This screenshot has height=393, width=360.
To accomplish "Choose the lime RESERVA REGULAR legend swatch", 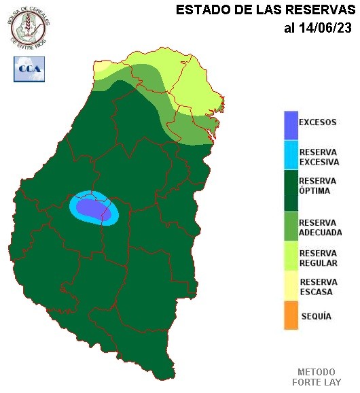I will (291, 257).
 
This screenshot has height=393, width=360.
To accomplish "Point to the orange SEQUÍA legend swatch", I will (291, 316).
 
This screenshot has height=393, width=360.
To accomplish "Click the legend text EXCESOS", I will (317, 122).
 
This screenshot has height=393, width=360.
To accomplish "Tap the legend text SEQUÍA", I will (316, 316).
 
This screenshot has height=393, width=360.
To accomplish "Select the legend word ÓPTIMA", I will (314, 191).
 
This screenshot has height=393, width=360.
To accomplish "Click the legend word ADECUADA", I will (320, 233).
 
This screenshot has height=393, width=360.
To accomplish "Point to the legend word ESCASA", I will (316, 292).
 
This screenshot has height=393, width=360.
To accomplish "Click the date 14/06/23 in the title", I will (327, 28).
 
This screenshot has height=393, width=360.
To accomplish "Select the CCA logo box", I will (29, 69).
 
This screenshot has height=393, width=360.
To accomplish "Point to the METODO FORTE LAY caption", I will (316, 377).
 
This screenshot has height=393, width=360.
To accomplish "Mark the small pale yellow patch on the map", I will (101, 67).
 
